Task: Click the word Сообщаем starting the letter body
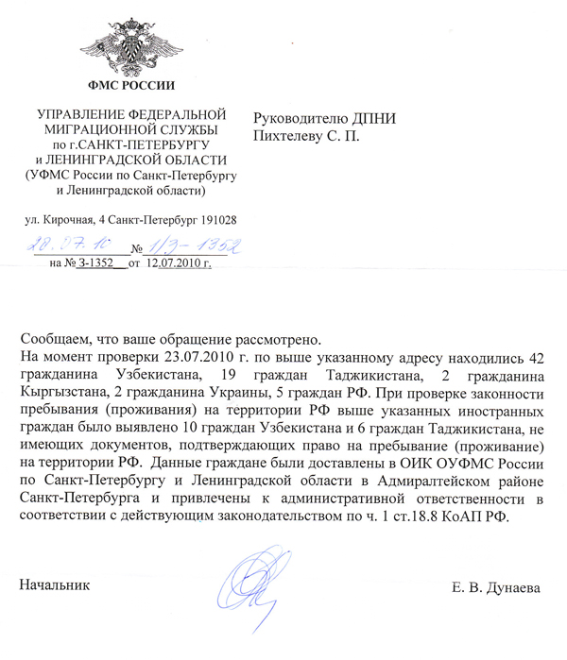point(55,338)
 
